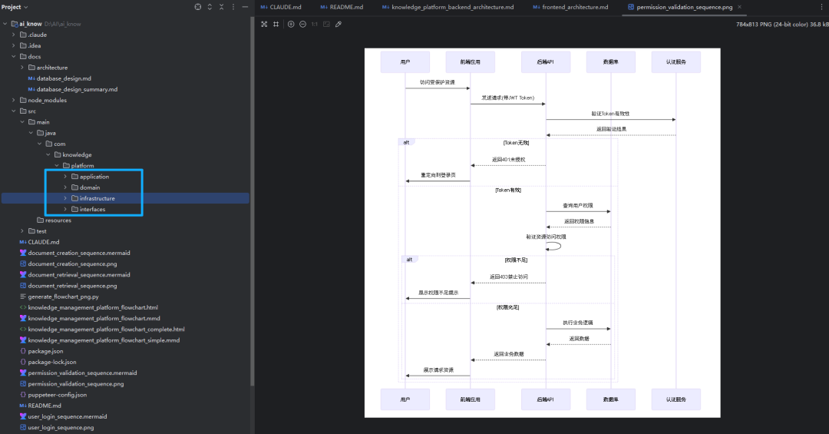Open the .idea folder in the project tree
pos(35,45)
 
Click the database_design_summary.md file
pos(77,89)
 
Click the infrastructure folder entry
pos(97,198)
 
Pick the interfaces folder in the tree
pos(93,209)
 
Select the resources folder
pos(58,220)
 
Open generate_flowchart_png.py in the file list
pos(63,297)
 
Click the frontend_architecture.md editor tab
pos(575,7)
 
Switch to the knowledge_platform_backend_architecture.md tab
pos(452,7)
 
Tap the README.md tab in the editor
pos(345,7)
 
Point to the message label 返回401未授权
pos(508,160)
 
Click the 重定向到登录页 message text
pos(438,175)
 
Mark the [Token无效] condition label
pos(516,142)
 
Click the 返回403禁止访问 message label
pos(508,277)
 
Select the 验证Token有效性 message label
pos(610,113)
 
